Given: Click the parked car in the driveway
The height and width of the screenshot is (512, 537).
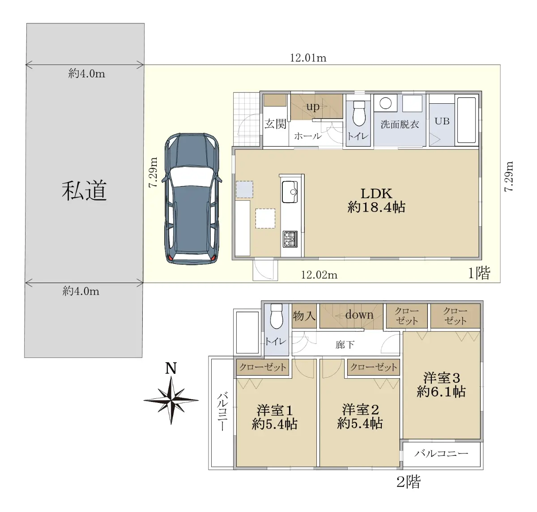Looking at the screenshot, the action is (x=192, y=199).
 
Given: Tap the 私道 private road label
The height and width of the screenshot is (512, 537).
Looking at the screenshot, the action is (x=84, y=190).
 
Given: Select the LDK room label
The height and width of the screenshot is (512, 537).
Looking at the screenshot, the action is (x=376, y=194).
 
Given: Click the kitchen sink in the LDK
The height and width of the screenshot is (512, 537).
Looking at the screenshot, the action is (x=290, y=191).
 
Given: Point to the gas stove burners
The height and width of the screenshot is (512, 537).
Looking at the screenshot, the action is (x=290, y=239).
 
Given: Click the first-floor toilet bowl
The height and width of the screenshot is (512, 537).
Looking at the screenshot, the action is (x=359, y=114).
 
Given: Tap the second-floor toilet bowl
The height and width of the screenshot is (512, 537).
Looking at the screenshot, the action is (x=276, y=317).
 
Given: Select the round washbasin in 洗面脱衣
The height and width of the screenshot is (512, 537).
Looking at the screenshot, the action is (x=386, y=103).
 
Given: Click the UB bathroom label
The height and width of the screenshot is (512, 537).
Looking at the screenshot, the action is (x=442, y=121).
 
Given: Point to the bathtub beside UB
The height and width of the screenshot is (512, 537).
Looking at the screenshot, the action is (x=467, y=120).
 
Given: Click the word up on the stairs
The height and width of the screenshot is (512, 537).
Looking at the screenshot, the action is (x=313, y=106).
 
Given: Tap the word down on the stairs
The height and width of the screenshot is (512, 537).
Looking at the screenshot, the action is (x=359, y=315).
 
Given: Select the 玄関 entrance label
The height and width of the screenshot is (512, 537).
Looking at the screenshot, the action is (x=275, y=124).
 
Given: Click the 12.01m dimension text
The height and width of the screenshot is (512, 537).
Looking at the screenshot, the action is (x=308, y=58).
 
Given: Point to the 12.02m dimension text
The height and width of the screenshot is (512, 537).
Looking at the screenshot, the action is (x=319, y=275).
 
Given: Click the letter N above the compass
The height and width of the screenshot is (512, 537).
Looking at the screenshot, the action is (x=171, y=368).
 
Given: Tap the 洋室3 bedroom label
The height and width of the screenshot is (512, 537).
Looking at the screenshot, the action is (x=442, y=378).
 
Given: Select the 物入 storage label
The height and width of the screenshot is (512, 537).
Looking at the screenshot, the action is (x=304, y=316).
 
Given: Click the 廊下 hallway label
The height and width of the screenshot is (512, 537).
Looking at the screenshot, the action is (x=345, y=345).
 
